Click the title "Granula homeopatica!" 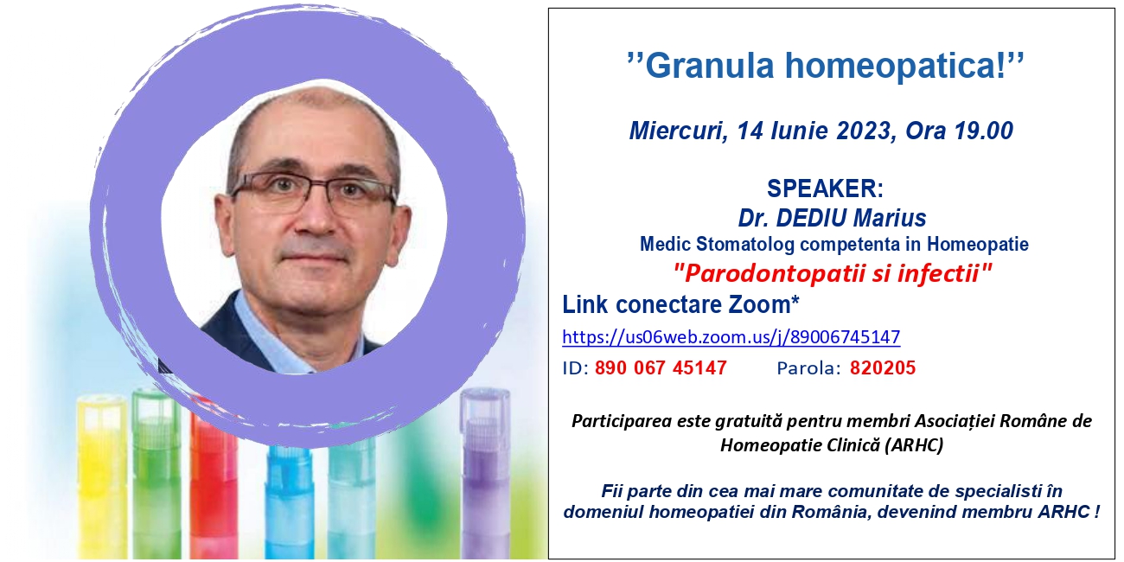825,65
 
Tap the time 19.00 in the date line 984,131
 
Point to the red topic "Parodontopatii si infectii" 833,273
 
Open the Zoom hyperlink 731,336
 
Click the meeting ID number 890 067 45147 661,367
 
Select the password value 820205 883,367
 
